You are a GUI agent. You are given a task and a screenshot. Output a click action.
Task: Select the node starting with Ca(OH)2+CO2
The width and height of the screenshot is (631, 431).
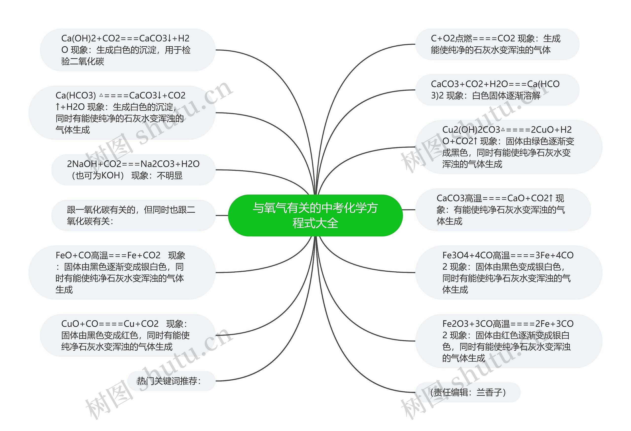128,50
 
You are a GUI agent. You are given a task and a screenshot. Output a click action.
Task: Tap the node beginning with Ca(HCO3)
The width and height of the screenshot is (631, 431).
122,112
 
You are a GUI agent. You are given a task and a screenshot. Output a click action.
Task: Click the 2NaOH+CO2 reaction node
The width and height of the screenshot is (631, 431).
133,170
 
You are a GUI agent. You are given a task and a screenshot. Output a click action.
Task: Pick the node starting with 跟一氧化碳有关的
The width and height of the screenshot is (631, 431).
133,216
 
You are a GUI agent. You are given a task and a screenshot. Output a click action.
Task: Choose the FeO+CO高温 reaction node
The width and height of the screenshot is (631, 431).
122,272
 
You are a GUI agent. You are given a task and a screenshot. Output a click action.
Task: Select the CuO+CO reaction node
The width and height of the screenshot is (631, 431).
128,335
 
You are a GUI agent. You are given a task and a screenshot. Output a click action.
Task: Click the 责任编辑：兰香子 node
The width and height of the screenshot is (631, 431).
468,393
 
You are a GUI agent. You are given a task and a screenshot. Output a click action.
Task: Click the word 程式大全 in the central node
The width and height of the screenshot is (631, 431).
315,223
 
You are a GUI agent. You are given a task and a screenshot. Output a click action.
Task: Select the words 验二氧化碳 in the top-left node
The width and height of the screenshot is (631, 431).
83,61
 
